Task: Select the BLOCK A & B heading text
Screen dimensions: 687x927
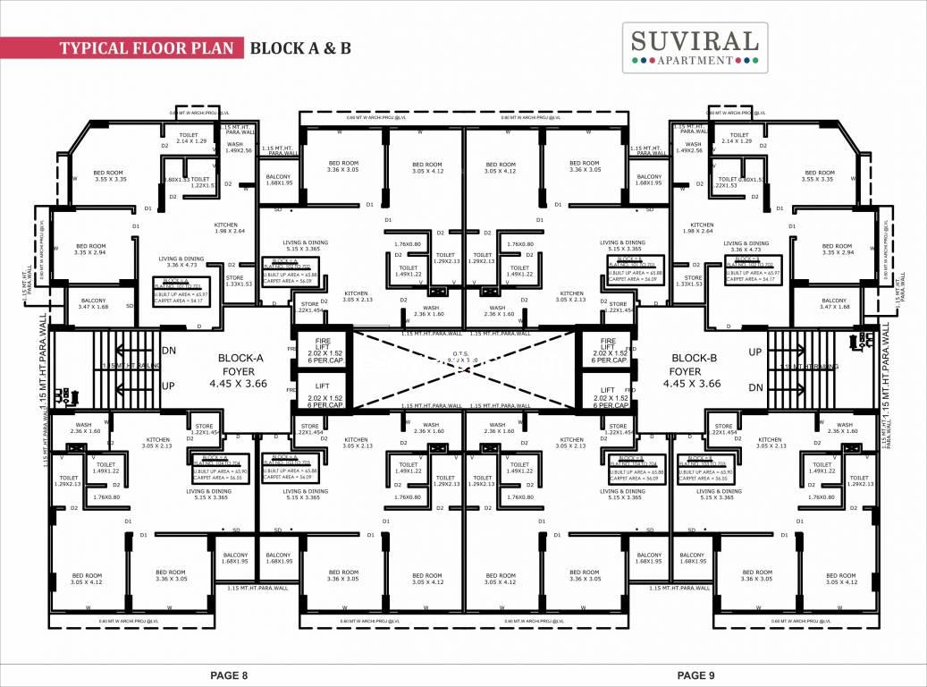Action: (299, 47)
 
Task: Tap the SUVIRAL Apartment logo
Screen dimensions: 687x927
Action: (695, 47)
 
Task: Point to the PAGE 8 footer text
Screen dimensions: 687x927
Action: (228, 674)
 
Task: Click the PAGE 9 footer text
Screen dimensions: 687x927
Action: (698, 674)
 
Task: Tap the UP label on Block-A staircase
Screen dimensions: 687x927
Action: (168, 386)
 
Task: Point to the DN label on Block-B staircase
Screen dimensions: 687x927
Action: (755, 386)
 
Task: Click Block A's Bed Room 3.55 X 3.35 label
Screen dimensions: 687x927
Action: (108, 176)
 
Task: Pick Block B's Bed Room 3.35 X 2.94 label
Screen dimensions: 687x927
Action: (837, 250)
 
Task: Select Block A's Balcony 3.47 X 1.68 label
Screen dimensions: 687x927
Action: (93, 304)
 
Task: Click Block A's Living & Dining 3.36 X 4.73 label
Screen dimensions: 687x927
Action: (181, 261)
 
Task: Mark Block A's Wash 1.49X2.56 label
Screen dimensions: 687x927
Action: (234, 148)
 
